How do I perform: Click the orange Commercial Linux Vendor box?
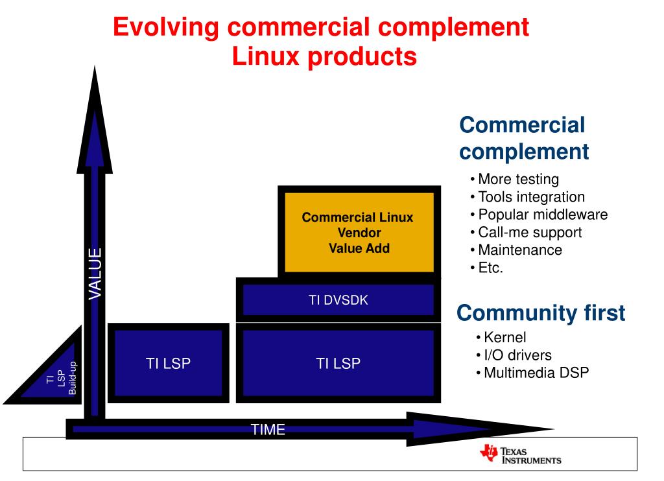tap(357, 232)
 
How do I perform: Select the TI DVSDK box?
tap(338, 299)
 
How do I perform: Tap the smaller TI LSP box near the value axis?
tap(168, 363)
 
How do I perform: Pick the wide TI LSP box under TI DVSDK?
tap(338, 363)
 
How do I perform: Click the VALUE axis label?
tap(95, 274)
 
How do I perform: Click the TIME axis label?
tap(268, 429)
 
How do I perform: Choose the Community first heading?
tap(541, 314)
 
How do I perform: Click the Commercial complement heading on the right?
tap(523, 138)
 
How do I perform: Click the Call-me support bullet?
tap(529, 232)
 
